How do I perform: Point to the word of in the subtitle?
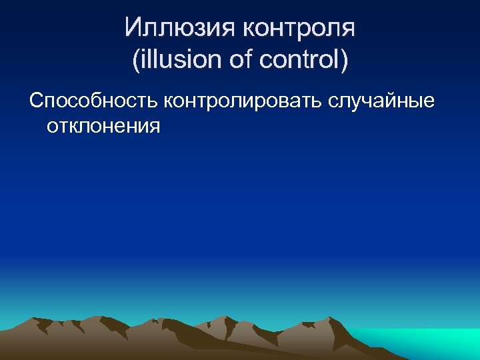click(237, 60)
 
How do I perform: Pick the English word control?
click(297, 60)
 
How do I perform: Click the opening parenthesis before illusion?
click(136, 61)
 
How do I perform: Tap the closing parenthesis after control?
click(343, 61)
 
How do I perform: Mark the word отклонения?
click(103, 125)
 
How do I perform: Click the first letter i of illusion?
click(143, 60)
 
